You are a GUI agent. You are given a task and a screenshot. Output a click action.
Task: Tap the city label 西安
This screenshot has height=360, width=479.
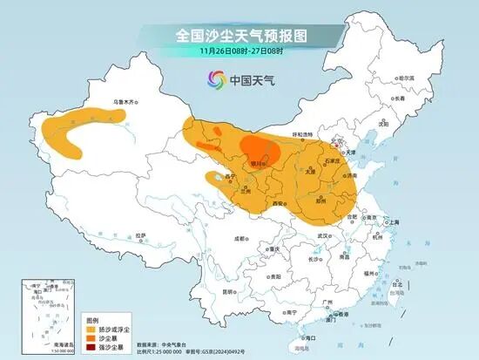point(279,203)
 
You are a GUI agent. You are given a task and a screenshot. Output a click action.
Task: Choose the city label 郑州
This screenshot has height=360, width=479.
point(322,200)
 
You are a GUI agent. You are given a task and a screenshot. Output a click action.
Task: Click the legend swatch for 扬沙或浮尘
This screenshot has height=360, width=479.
point(89,329)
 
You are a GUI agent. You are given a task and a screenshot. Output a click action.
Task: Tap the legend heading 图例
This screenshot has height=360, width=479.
point(92,320)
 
